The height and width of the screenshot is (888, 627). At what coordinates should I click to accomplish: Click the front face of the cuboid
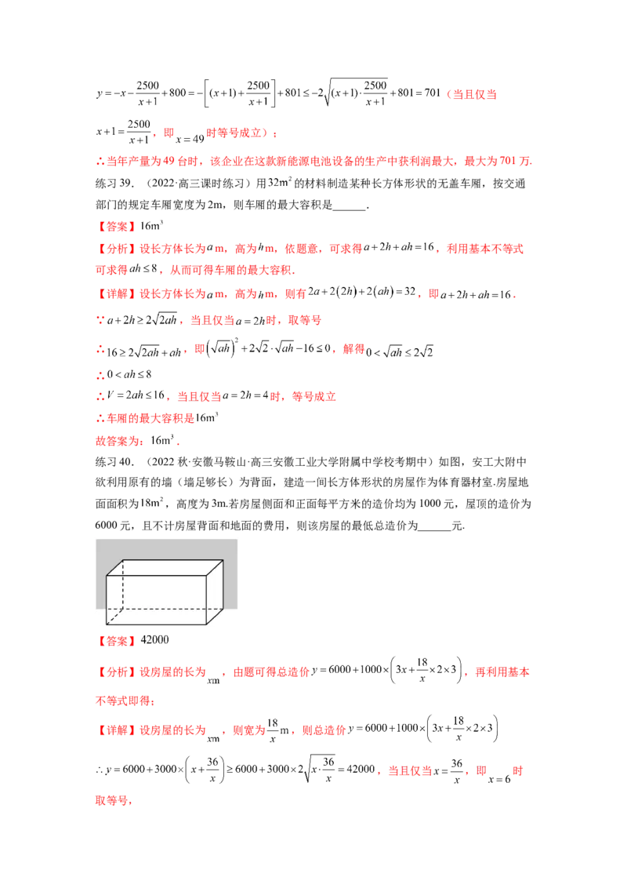coord(157,601)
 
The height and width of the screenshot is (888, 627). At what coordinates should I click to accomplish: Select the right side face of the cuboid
coord(216,592)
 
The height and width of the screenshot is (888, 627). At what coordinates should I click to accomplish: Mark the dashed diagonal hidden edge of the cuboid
coord(116,617)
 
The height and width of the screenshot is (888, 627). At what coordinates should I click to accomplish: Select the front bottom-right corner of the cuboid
coord(207,625)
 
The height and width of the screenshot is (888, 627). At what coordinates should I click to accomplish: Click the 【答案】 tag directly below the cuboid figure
coord(116,640)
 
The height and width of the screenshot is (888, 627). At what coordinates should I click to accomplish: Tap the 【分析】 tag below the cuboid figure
coord(116,671)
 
